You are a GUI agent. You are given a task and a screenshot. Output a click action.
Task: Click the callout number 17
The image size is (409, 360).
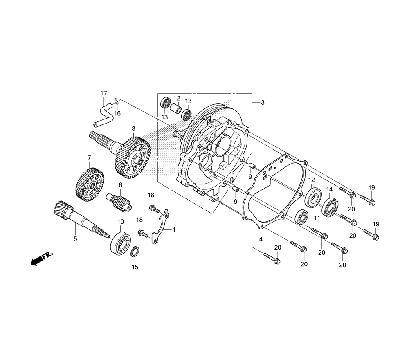tap(103, 93)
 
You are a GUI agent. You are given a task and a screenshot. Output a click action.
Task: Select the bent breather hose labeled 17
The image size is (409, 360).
tap(103, 115)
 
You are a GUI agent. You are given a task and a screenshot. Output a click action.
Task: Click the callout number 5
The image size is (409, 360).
tap(75, 239)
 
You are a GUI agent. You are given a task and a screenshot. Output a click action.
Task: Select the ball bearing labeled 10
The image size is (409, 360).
tap(121, 243)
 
